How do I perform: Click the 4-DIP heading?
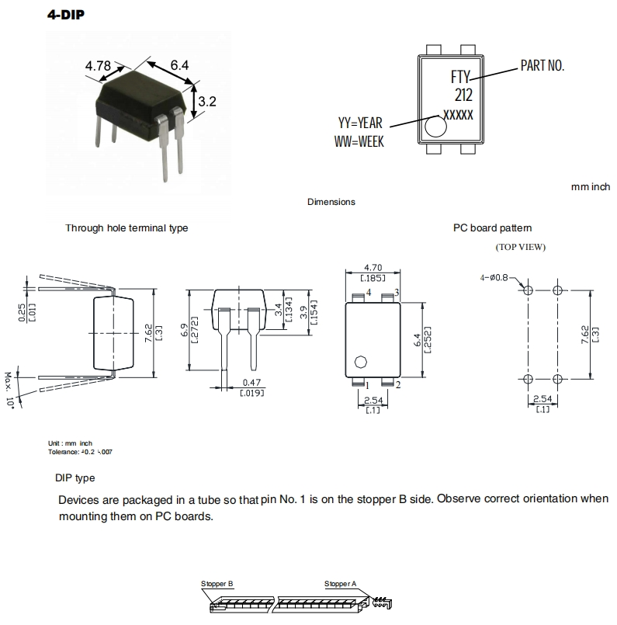pos(66,15)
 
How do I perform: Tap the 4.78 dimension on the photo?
pos(98,67)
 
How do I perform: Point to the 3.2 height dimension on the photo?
pos(206,101)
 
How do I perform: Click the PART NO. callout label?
pos(542,67)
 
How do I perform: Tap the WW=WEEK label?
pos(359,141)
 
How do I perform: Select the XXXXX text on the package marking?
pos(458,113)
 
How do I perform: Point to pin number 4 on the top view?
pos(368,293)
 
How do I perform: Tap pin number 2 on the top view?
pos(397,384)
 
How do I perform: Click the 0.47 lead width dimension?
pos(251,383)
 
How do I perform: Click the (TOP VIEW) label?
pos(520,248)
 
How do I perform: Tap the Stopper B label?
pos(217,583)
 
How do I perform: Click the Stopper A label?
pos(341,583)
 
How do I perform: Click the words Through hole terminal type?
pos(127,228)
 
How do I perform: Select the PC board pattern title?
pos(493,228)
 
